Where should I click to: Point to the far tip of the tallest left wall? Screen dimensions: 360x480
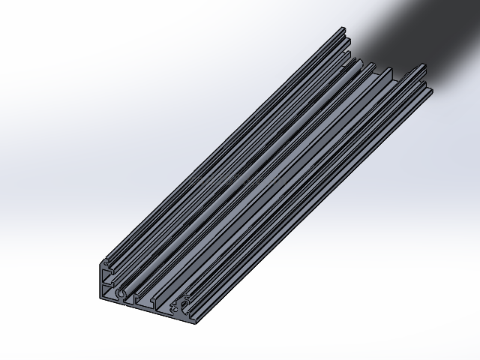(x=343, y=29)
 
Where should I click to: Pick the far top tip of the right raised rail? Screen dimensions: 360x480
(x=424, y=66)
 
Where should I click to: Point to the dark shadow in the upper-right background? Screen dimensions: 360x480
(x=420, y=30)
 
